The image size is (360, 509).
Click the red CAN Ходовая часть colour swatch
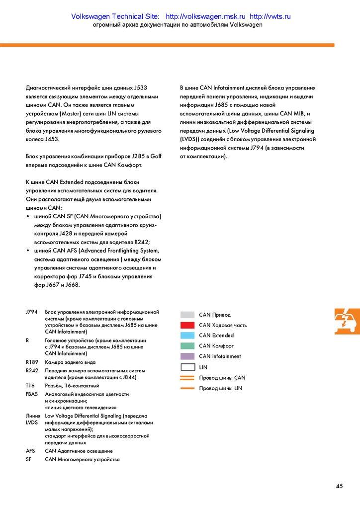pos(187,325)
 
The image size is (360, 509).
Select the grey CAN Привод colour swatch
pos(187,315)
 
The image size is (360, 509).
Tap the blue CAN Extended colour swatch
pos(187,336)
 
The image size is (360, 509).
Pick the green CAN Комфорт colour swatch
pos(187,346)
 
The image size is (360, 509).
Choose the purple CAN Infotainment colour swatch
pos(187,356)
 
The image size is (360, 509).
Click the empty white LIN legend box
pos(187,367)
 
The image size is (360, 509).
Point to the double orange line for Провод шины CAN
pos(187,378)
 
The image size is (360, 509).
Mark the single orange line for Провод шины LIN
pos(187,388)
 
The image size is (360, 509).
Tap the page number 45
pos(340,486)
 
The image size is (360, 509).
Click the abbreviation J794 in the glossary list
pos(31,312)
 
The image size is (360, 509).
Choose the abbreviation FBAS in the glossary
pos(31,394)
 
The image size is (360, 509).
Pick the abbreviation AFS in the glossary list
pos(30,451)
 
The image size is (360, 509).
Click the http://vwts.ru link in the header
pos(270,16)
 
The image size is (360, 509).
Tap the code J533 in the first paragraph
pos(141,88)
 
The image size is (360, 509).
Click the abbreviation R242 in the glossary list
pos(32,371)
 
